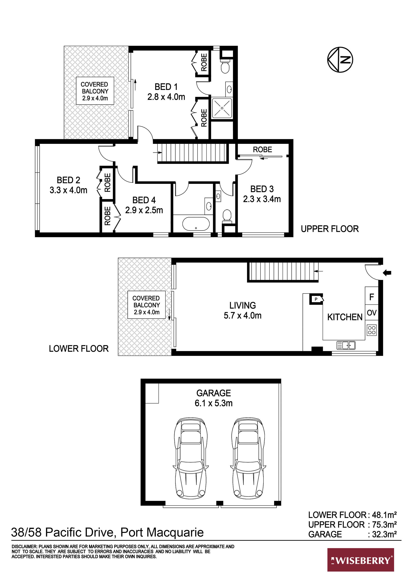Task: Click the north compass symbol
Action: (x=340, y=60)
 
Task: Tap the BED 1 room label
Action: (x=166, y=87)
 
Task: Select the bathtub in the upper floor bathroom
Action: (x=196, y=224)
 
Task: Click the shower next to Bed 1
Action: (x=222, y=108)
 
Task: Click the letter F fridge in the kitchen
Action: (x=372, y=297)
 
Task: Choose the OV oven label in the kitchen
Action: (x=372, y=313)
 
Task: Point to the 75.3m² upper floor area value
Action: (x=384, y=525)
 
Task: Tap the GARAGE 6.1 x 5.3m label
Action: (x=214, y=398)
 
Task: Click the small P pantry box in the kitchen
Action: (x=316, y=299)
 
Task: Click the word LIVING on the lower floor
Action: (x=243, y=305)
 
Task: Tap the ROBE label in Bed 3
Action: (x=263, y=149)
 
